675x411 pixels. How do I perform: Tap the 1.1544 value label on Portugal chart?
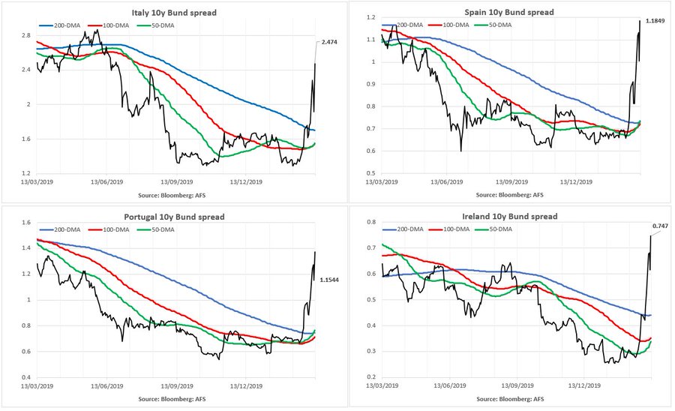[x=331, y=280]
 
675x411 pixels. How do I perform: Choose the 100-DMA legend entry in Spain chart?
[x=456, y=25]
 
